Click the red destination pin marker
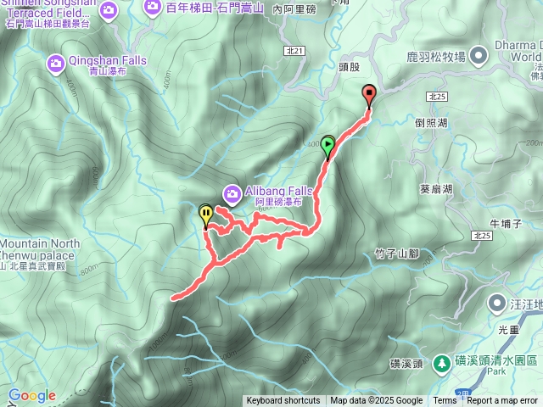(x=369, y=95)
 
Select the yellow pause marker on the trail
(x=205, y=213)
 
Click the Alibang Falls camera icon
(x=232, y=192)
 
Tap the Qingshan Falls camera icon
(x=56, y=62)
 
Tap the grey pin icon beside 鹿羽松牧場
(x=477, y=57)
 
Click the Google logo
(x=32, y=395)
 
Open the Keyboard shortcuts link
(x=283, y=401)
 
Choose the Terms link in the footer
(x=445, y=401)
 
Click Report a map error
(x=502, y=401)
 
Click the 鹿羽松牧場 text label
(x=436, y=57)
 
